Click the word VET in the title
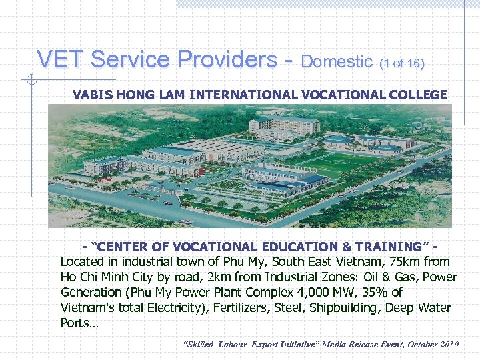pos(61,60)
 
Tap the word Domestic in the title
pos(337,62)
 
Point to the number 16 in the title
pos(413,64)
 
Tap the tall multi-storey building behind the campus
pos(284,124)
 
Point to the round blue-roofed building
pos(337,139)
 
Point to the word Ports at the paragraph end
pos(77,323)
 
